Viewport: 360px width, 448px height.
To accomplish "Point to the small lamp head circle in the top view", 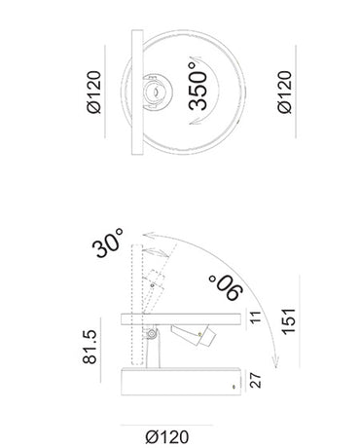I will pos(152,94).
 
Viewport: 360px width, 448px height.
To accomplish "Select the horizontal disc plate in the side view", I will pos(180,318).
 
